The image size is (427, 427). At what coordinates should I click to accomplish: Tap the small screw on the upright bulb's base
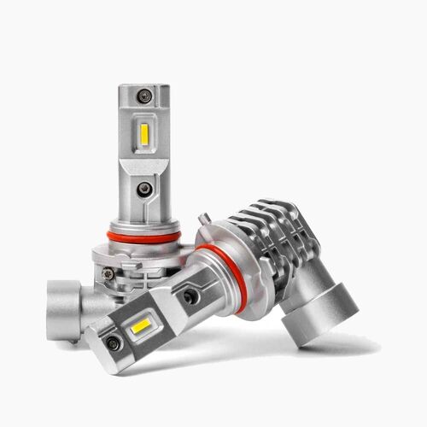pyautogui.click(x=108, y=273)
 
